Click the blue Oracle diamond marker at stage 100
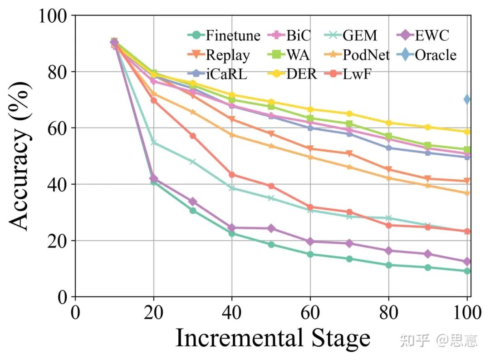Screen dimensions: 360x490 pos(467,99)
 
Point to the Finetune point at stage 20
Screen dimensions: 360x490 pos(153,182)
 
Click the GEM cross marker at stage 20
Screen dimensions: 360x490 pos(153,143)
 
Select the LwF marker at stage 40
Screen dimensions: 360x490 pos(232,175)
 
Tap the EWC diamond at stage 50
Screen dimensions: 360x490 pos(271,228)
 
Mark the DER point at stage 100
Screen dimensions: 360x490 pos(467,132)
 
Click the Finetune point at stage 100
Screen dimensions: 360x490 pos(467,271)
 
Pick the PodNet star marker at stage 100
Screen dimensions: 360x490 pos(467,193)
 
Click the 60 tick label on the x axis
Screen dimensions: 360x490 pos(310,314)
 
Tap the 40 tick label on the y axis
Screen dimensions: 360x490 pos(59,184)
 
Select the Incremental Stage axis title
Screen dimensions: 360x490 pos(273,338)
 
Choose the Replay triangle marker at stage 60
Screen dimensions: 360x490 pos(310,149)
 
